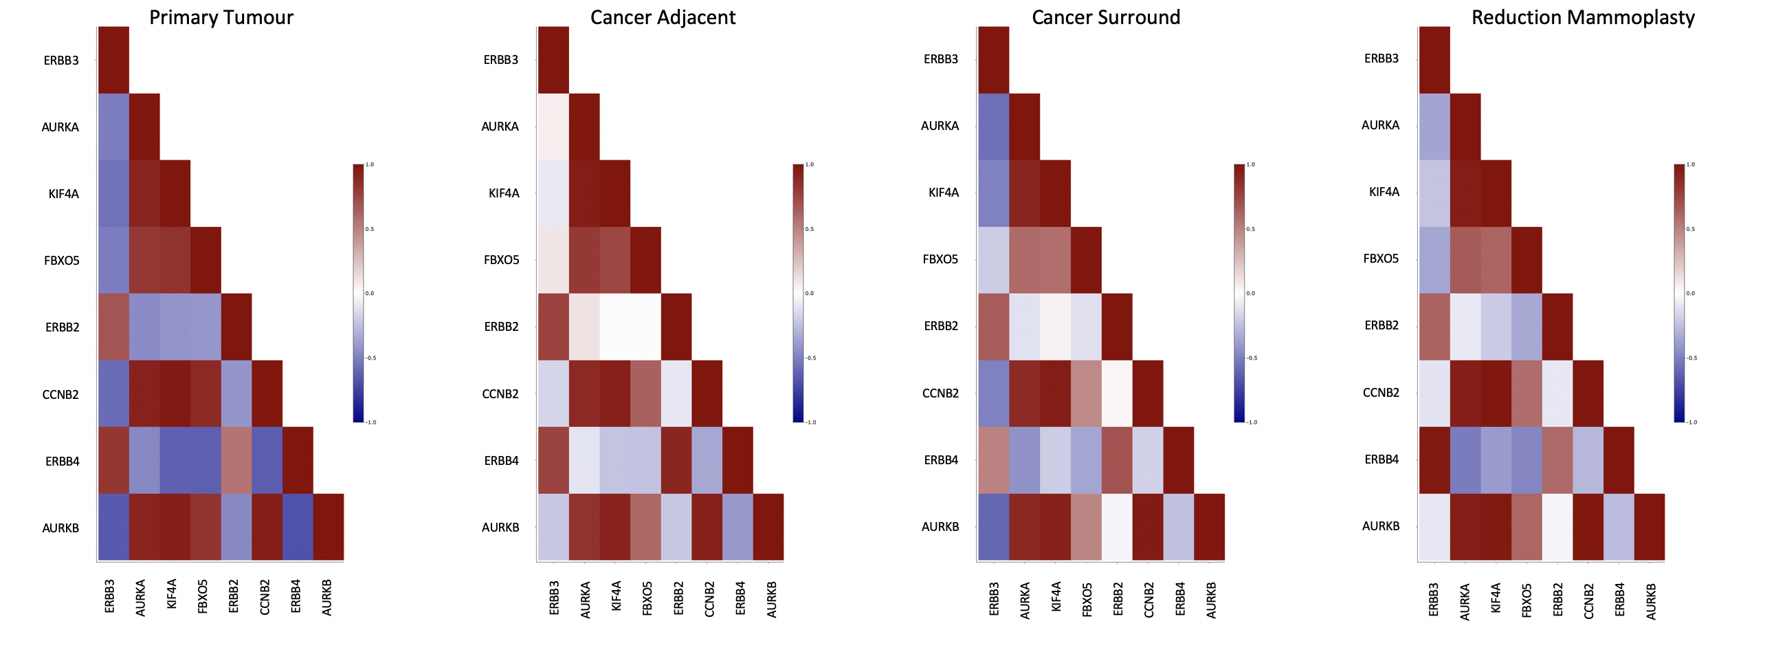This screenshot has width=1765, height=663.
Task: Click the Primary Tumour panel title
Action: tap(221, 17)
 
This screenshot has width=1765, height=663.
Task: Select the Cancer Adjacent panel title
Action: tap(663, 17)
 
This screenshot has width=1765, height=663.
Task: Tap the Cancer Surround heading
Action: tap(1106, 17)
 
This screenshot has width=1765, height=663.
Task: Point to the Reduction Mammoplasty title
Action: tap(1583, 17)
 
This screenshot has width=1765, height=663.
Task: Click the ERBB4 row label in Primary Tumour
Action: tap(63, 461)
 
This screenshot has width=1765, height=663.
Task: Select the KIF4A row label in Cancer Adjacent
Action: tap(504, 193)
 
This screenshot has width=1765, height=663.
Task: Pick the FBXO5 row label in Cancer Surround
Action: tap(940, 259)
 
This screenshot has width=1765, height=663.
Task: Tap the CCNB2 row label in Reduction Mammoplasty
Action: tap(1381, 393)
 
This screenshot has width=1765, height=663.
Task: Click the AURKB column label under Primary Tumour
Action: tap(327, 597)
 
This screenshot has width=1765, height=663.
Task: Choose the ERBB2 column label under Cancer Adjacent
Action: tap(678, 598)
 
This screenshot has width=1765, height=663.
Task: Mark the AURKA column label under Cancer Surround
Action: tap(1025, 600)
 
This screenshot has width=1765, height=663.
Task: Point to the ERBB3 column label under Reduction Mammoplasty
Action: tap(1434, 599)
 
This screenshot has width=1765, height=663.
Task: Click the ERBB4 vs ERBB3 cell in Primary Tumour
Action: tap(113, 460)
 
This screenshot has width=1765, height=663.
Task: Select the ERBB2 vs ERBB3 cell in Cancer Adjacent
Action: tap(553, 327)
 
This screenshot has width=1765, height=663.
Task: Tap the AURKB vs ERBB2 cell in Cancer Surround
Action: tap(1117, 527)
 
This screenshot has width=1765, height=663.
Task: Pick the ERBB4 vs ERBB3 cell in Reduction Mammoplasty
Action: tap(1434, 460)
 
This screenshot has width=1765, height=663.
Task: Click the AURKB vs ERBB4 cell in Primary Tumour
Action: tap(298, 527)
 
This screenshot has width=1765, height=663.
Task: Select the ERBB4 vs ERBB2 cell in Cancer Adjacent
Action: tap(676, 460)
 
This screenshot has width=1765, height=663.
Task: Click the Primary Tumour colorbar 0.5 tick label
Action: tap(370, 229)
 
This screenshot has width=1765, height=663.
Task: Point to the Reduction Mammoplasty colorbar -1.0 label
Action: tap(1692, 422)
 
